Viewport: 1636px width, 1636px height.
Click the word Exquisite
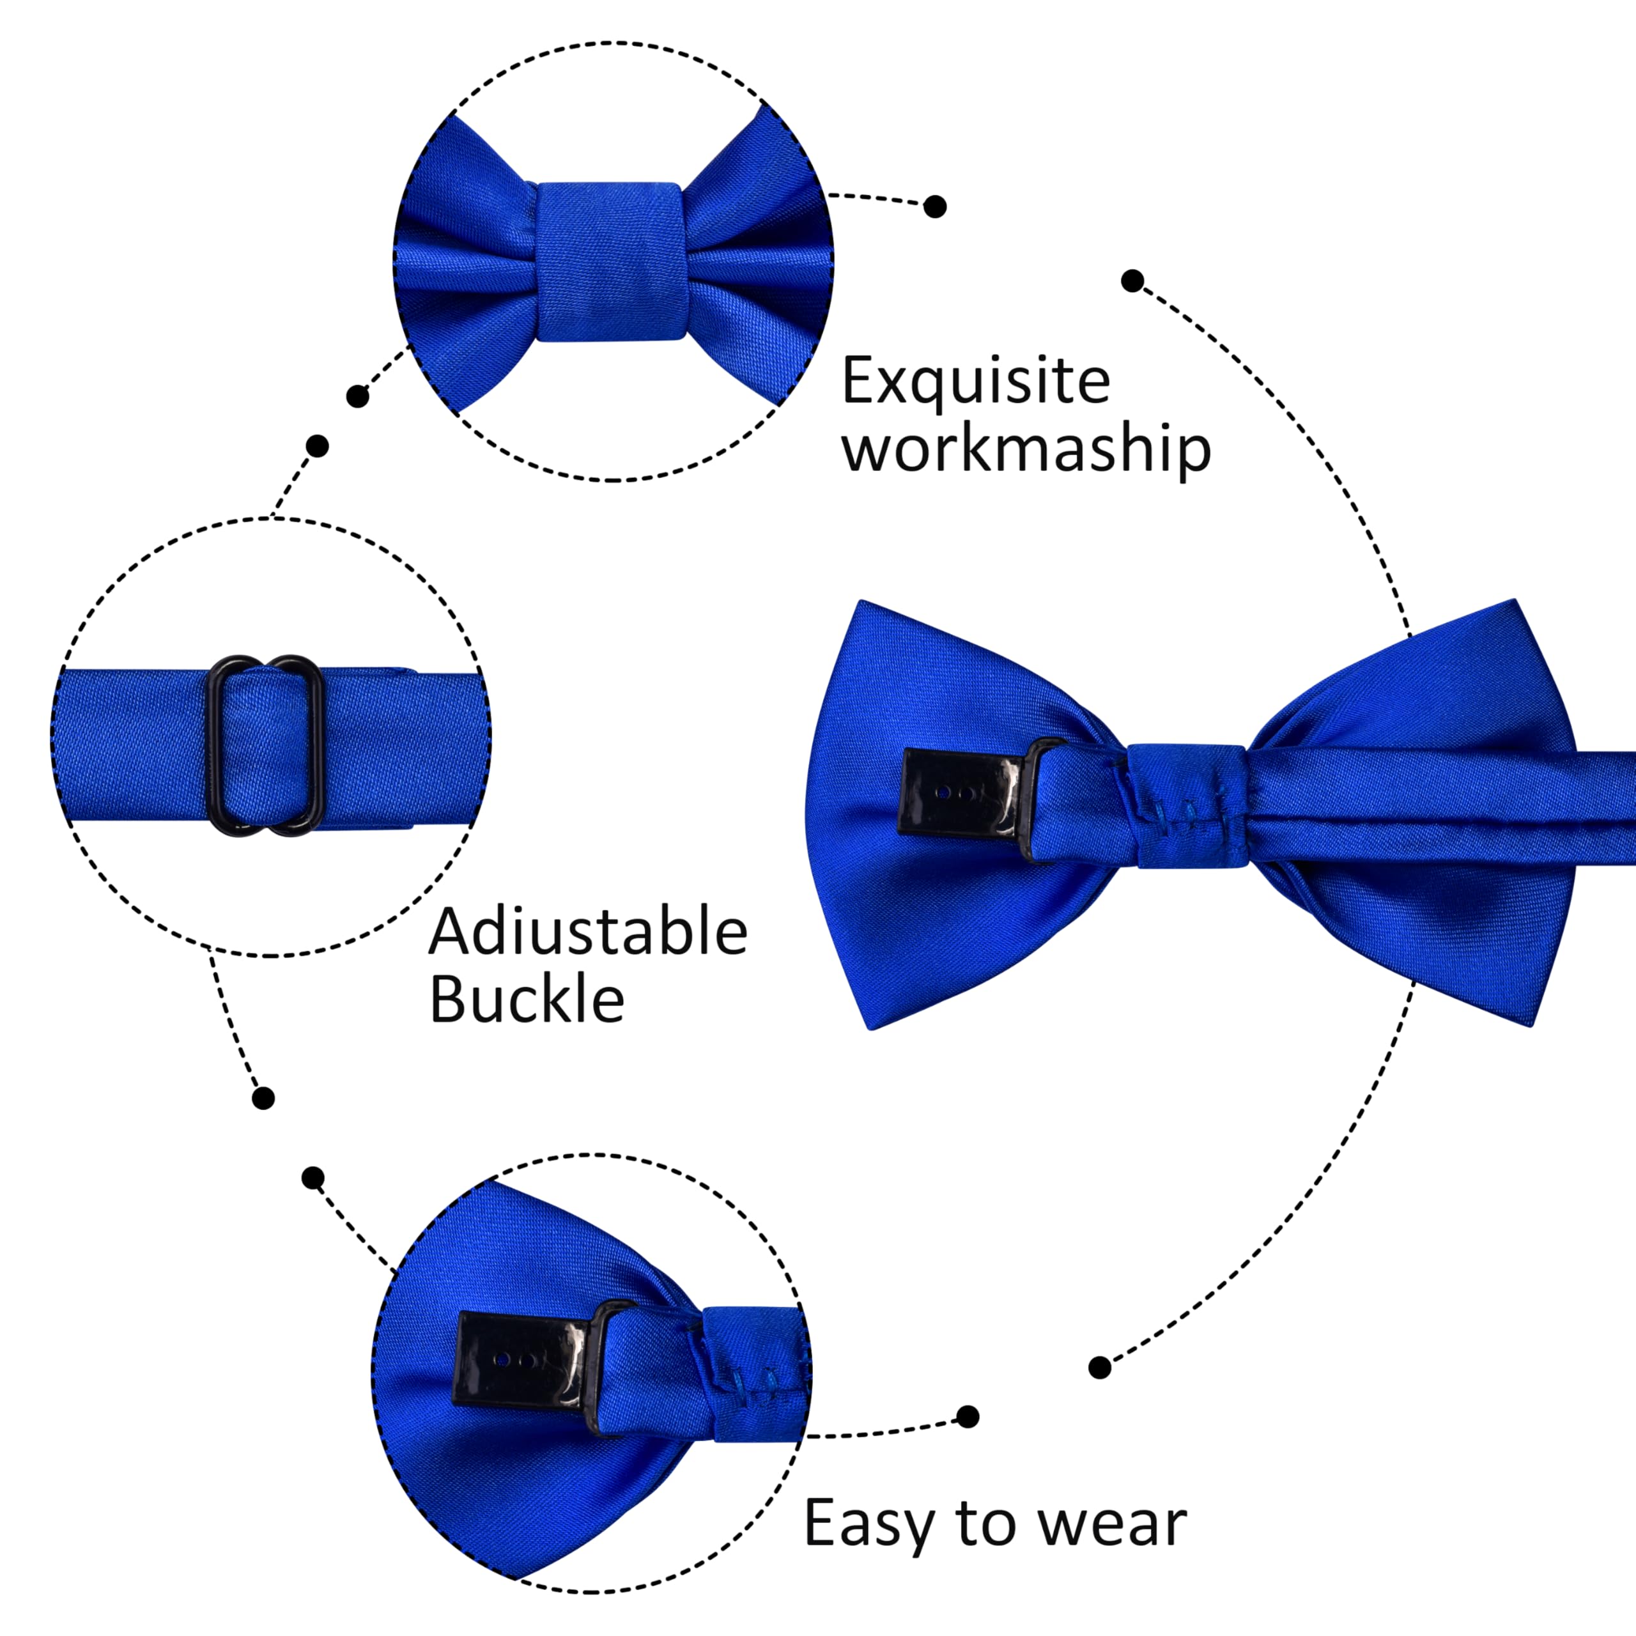point(975,383)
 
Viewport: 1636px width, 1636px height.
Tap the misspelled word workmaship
point(1026,449)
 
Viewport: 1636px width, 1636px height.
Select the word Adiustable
point(589,932)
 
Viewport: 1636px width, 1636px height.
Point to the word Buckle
point(527,1000)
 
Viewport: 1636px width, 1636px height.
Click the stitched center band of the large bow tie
point(1188,806)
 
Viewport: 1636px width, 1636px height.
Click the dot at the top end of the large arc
point(1132,281)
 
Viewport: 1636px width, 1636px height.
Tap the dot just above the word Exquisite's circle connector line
point(935,206)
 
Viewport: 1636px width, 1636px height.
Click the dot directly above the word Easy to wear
point(967,1417)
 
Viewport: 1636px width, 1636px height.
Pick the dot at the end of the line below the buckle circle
point(263,1099)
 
